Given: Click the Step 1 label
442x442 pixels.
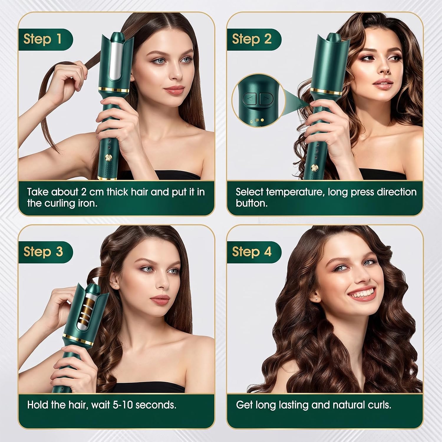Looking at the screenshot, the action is [x=42, y=39].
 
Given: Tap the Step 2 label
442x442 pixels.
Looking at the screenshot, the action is [x=251, y=39].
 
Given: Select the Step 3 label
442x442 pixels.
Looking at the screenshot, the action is [x=43, y=252].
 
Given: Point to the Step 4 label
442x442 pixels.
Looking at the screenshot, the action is [x=251, y=252].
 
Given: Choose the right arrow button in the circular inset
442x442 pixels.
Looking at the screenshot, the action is [x=266, y=99].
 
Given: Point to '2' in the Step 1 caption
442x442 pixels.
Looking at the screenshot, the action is [x=84, y=192].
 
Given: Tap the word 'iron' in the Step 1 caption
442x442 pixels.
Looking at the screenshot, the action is [x=88, y=204].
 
